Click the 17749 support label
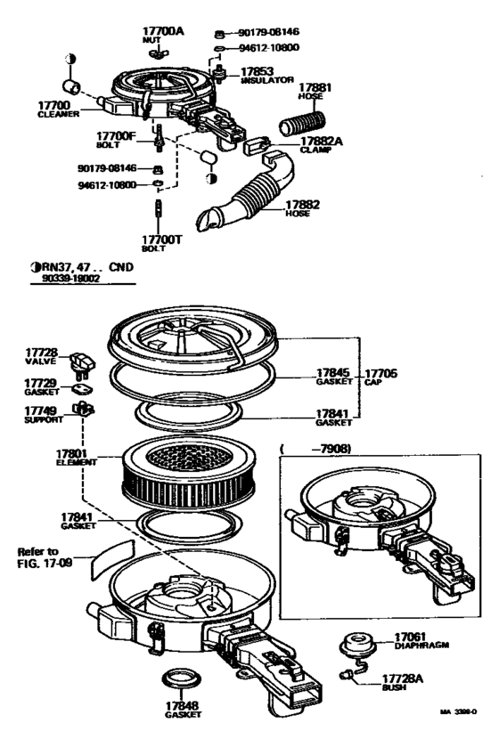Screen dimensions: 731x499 [42, 414]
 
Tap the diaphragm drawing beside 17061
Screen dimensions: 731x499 [360, 644]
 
